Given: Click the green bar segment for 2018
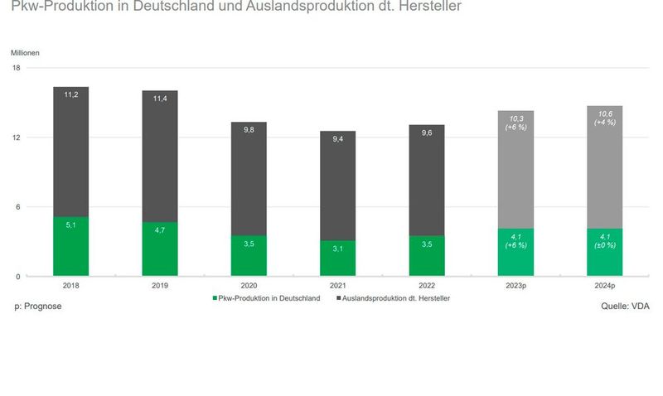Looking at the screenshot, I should [x=70, y=247].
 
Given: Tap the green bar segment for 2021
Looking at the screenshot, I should [x=337, y=258].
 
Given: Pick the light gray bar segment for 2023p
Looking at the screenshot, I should [x=515, y=169].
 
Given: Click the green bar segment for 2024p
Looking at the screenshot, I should [x=604, y=253].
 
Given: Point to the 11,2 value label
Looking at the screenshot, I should [x=70, y=94].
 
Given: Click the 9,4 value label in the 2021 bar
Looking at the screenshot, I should [x=337, y=139].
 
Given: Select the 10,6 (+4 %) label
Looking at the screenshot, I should [x=604, y=118].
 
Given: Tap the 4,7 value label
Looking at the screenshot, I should [x=159, y=229].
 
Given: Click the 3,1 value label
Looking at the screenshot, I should [x=337, y=249].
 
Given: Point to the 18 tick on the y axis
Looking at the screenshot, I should [x=17, y=68].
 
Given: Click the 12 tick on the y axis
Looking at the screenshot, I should [x=17, y=138].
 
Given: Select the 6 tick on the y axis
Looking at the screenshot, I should [x=18, y=207].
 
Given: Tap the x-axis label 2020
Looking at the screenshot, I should [x=248, y=286].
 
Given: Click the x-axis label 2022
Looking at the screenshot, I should [x=426, y=286].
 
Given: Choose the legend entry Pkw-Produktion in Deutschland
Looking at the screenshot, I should [x=265, y=297].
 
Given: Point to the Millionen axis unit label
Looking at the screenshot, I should [x=25, y=52].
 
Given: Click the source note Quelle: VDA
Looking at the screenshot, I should [x=625, y=307].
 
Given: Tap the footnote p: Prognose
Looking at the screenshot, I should [x=38, y=307].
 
